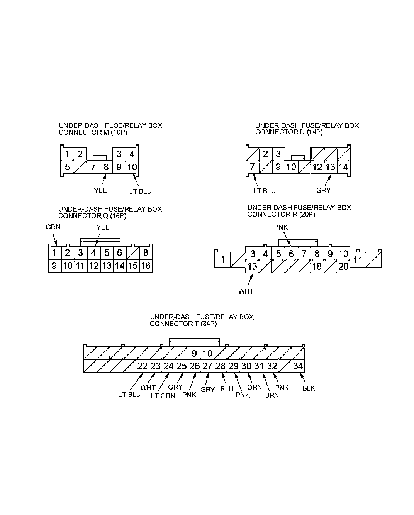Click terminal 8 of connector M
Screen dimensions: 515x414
106,168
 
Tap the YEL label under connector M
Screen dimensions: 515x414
100,190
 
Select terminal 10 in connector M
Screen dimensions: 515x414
132,168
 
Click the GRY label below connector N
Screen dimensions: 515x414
323,190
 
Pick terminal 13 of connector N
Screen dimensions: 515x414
330,168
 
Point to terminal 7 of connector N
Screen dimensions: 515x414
252,168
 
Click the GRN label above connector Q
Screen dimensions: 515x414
53,227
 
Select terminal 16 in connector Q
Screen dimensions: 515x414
146,266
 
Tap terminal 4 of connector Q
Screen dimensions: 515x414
93,253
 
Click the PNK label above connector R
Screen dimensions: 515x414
281,227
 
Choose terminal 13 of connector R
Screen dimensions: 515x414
252,266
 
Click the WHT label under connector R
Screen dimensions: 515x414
246,291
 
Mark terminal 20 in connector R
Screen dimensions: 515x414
343,266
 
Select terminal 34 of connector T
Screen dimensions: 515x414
298,366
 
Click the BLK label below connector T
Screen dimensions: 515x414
309,388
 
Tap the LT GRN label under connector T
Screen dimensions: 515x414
163,396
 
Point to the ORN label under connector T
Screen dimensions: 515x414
255,387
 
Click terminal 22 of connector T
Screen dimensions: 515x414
143,366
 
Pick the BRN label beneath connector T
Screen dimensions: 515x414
272,396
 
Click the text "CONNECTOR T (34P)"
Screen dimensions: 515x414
183,324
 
